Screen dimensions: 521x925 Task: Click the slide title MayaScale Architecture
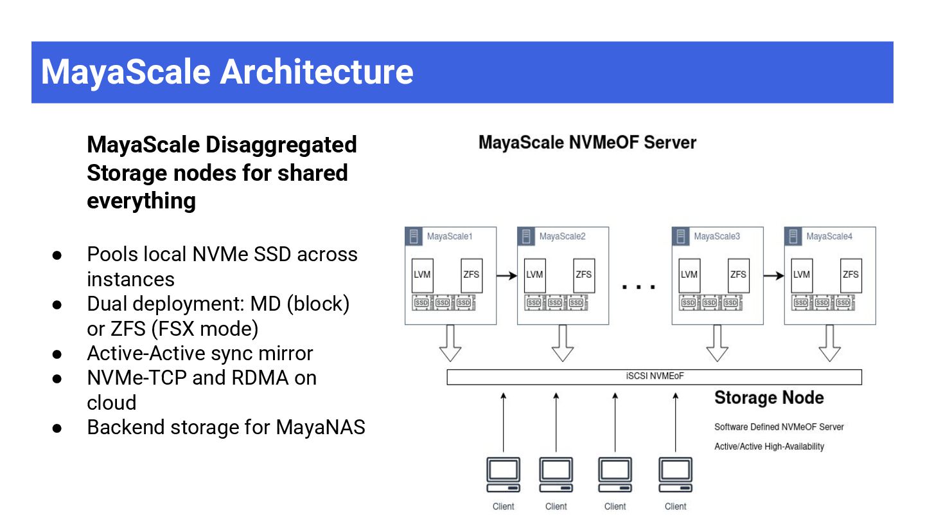pos(227,71)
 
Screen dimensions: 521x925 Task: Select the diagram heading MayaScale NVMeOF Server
pos(587,142)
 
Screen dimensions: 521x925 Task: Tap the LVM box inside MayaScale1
pos(421,275)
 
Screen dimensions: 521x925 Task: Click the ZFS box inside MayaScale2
pos(584,275)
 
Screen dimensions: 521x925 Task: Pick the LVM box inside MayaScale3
pos(689,275)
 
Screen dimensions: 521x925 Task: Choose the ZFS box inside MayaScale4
pos(850,275)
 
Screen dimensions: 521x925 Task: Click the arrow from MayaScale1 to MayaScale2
pos(507,275)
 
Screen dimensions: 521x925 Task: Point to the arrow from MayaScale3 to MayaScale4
pos(774,275)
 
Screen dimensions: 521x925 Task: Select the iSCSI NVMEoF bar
pos(654,377)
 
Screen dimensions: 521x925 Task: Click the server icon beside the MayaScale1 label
pos(415,236)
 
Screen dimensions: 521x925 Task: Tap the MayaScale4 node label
pos(829,236)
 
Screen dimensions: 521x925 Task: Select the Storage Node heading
pos(769,398)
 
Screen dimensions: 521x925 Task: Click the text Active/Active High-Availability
pos(769,446)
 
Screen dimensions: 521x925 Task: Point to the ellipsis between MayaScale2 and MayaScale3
pos(639,287)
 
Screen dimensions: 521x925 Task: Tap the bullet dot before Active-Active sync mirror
pos(57,354)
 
